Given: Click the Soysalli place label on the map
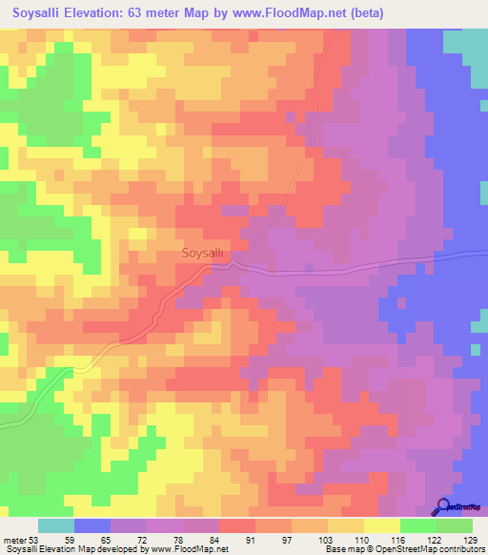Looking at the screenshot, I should [x=202, y=254].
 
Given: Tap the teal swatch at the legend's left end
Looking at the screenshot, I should [x=56, y=525].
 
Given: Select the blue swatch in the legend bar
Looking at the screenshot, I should [x=92, y=525].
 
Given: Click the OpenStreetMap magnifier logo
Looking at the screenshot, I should [x=444, y=507].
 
